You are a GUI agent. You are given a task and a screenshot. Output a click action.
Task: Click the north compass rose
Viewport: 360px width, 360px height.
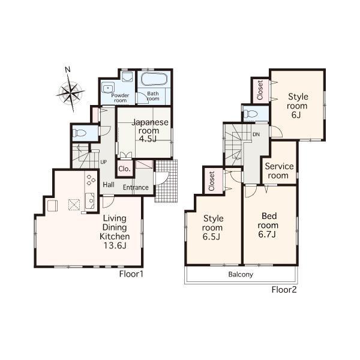click(71, 92)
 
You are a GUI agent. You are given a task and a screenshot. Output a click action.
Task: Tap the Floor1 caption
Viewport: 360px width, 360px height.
click(130, 274)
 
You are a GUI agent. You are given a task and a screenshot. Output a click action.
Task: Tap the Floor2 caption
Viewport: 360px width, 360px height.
click(284, 290)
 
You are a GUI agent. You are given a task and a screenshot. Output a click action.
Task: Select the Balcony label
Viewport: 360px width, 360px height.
click(240, 275)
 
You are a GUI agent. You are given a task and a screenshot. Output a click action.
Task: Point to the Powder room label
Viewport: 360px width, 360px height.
click(120, 98)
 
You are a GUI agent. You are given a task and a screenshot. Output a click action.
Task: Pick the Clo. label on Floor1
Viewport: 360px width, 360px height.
click(125, 170)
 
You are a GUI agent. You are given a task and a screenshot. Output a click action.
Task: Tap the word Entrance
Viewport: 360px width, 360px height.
click(136, 188)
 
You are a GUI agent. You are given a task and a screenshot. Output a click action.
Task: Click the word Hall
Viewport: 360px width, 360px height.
click(109, 185)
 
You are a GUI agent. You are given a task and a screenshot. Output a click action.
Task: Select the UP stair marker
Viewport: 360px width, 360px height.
click(103, 162)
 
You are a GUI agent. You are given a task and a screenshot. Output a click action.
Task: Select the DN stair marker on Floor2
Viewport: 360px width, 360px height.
click(256, 134)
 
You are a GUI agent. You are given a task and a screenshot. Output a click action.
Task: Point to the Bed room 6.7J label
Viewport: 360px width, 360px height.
click(267, 224)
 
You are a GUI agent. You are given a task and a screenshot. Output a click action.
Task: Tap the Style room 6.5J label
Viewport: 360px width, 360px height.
click(212, 227)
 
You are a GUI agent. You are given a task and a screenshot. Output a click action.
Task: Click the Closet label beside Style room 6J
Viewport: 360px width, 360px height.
click(260, 90)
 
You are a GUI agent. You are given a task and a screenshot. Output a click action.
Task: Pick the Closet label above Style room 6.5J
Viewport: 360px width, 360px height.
click(212, 181)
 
